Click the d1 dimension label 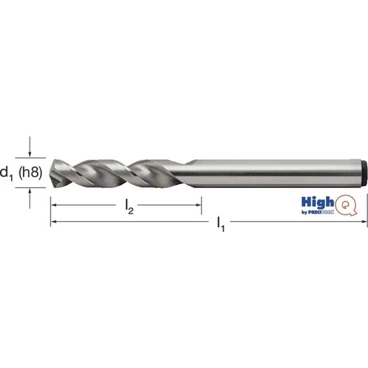(6, 173)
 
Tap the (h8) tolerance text (30, 172)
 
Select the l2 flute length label (129, 207)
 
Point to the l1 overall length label (221, 224)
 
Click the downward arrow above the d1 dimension (30, 147)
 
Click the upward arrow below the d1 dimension (30, 198)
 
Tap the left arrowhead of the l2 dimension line (54, 205)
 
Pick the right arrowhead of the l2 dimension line (198, 205)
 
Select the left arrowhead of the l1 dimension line (54, 221)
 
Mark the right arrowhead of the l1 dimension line (363, 221)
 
